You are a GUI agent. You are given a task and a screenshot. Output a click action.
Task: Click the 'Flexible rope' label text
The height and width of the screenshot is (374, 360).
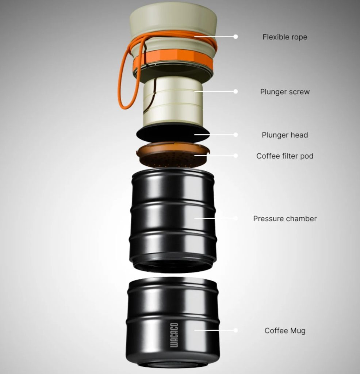pyautogui.click(x=285, y=37)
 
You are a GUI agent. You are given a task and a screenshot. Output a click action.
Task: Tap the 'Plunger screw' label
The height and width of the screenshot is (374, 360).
pyautogui.click(x=285, y=92)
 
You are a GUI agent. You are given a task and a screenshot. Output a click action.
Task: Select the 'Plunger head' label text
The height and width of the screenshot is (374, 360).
pyautogui.click(x=285, y=135)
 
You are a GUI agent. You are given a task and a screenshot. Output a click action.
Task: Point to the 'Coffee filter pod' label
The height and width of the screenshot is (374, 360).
pyautogui.click(x=285, y=156)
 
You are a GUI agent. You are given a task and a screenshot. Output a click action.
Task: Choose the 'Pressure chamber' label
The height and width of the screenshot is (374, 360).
pyautogui.click(x=285, y=218)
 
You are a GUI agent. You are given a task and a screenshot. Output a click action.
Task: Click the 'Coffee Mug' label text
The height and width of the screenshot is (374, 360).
pyautogui.click(x=285, y=331)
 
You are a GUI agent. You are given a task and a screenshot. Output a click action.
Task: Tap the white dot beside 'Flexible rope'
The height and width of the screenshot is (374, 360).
pyautogui.click(x=235, y=37)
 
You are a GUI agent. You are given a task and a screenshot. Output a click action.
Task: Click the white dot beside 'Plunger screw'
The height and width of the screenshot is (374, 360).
pyautogui.click(x=235, y=91)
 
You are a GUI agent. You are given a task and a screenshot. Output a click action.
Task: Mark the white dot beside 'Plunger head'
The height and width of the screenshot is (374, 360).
pyautogui.click(x=235, y=135)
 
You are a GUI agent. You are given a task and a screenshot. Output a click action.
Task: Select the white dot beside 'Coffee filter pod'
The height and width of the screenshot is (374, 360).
pyautogui.click(x=235, y=156)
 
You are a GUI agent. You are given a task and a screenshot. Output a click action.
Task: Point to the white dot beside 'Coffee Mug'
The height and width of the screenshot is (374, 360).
pyautogui.click(x=235, y=330)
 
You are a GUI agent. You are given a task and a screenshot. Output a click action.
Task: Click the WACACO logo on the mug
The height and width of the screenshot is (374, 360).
pyautogui.click(x=174, y=335)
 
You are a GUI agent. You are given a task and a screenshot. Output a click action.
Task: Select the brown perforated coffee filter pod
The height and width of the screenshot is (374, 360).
pyautogui.click(x=173, y=155)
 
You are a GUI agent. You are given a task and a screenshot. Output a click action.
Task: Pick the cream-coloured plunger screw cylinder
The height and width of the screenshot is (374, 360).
pyautogui.click(x=173, y=103)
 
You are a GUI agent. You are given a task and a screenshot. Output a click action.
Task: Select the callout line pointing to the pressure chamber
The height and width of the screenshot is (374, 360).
pyautogui.click(x=215, y=218)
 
